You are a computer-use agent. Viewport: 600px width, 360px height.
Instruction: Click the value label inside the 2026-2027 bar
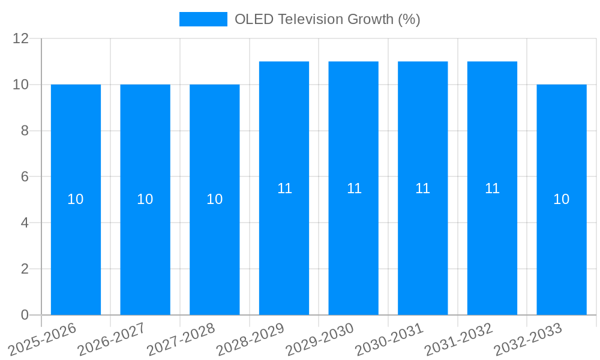[x=145, y=199]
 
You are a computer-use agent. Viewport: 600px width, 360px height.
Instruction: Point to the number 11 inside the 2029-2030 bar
[x=354, y=188]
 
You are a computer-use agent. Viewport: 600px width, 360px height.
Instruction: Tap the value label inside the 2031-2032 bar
[x=492, y=188]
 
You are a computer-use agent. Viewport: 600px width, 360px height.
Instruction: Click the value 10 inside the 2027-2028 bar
[x=215, y=199]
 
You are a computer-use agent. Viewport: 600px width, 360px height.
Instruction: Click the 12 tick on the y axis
[x=21, y=38]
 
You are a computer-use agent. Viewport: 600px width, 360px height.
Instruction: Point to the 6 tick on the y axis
[x=25, y=177]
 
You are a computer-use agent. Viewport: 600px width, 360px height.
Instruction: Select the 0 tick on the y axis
[x=25, y=315]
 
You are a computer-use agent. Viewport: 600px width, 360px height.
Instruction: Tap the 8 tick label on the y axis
[x=25, y=131]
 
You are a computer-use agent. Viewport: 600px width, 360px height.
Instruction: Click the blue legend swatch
[x=203, y=19]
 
